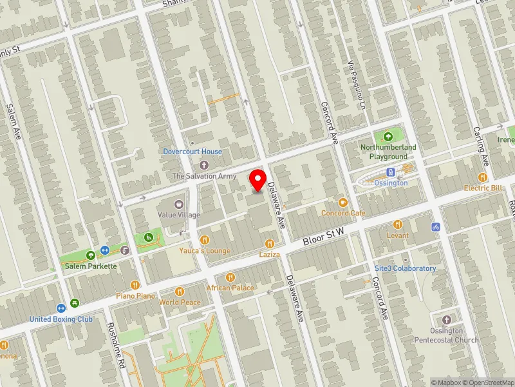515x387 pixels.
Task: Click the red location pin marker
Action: click(258, 180)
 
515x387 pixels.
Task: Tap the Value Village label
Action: click(180, 214)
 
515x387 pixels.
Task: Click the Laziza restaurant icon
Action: click(269, 243)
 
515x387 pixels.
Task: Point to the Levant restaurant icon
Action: click(398, 224)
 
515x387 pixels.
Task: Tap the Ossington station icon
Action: click(390, 172)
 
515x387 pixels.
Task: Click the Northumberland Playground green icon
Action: click(388, 137)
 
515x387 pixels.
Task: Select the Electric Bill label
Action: click(483, 188)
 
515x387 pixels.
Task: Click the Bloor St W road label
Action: click(324, 236)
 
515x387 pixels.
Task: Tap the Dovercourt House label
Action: click(192, 152)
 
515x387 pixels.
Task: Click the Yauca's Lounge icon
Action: click(205, 240)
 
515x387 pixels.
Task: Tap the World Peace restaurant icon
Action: click(180, 292)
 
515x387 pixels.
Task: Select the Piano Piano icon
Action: click(135, 284)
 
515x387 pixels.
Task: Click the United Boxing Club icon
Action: click(61, 308)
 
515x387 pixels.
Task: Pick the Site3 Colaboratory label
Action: click(405, 268)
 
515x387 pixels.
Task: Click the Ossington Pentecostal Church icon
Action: click(447, 320)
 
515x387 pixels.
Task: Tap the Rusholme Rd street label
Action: click(115, 345)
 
